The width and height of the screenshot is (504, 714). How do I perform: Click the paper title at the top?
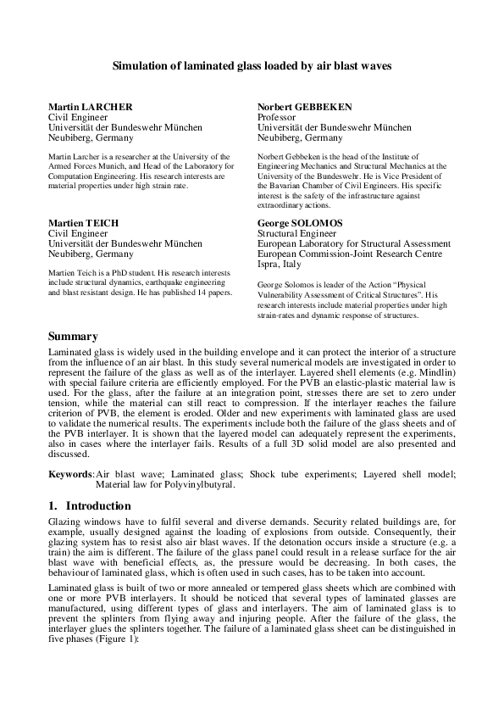click(252, 64)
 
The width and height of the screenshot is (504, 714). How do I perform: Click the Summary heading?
click(74, 337)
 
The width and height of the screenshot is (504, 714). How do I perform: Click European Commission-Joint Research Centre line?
click(349, 254)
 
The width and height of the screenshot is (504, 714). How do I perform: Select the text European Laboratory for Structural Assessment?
click(353, 243)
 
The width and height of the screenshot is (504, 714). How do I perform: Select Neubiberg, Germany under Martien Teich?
click(91, 254)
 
